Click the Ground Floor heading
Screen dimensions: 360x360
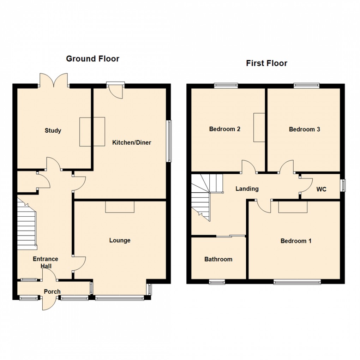tap(92, 59)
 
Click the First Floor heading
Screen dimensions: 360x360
tap(266, 63)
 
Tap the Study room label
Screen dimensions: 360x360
tap(53, 131)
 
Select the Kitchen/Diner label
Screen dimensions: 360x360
tap(132, 143)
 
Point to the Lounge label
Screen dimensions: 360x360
tap(120, 240)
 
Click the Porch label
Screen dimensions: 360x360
tap(52, 292)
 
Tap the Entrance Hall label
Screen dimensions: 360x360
tap(46, 262)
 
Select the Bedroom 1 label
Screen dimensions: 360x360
tap(296, 241)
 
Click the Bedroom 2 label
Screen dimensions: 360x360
tap(225, 129)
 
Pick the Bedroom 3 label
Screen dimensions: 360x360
tap(304, 129)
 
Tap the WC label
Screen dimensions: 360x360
tap(321, 190)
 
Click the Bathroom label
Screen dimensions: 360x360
tap(218, 259)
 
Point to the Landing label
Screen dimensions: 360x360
tap(247, 189)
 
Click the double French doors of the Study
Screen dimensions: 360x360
tap(53, 80)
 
